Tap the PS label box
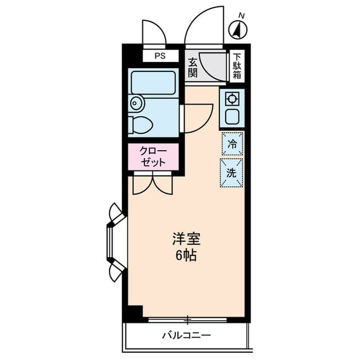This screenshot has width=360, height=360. click(x=160, y=56)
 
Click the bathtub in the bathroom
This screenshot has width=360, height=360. click(x=153, y=83)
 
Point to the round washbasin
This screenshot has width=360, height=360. click(x=136, y=103)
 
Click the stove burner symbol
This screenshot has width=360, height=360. click(x=231, y=99)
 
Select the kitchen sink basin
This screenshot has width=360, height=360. click(x=231, y=117)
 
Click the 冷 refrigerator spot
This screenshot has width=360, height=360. click(x=232, y=143)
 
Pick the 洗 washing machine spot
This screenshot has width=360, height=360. click(x=231, y=173)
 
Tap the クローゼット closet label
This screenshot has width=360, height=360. click(x=153, y=156)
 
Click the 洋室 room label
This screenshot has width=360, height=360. click(x=186, y=238)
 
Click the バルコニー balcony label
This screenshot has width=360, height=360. click(x=186, y=336)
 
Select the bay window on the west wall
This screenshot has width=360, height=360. click(x=115, y=242)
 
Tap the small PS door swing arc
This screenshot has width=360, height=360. click(x=153, y=34)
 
